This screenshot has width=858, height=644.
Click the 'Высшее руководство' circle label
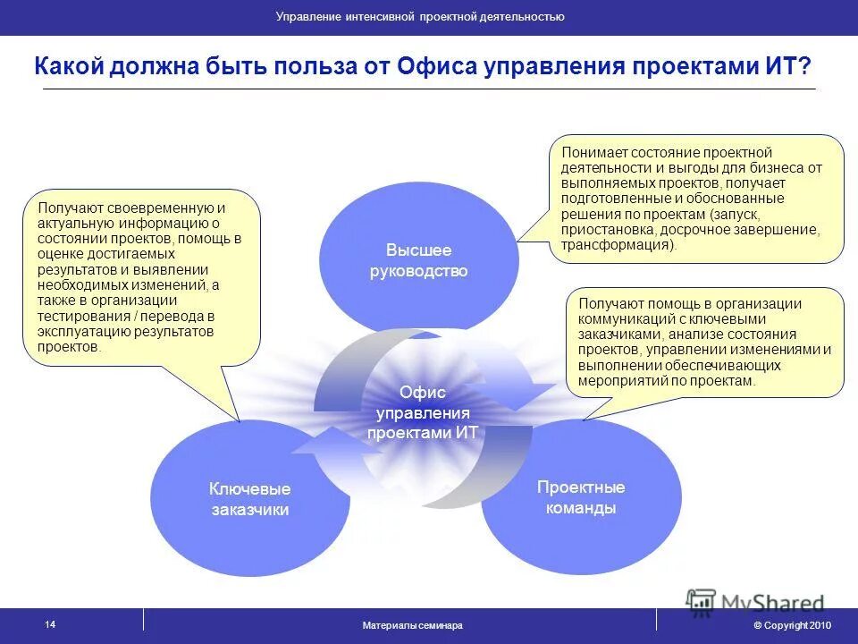(418, 260)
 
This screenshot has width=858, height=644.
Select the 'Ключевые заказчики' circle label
(249, 499)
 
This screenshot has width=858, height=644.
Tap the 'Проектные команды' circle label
(580, 497)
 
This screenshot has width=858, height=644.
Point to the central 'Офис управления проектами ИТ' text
(423, 412)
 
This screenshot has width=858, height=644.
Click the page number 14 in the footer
(49, 624)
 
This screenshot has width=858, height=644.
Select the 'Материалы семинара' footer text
(412, 625)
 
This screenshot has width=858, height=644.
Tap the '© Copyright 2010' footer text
(792, 625)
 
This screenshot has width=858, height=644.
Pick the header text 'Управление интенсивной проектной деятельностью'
(419, 17)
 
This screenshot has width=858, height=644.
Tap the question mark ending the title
(805, 67)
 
